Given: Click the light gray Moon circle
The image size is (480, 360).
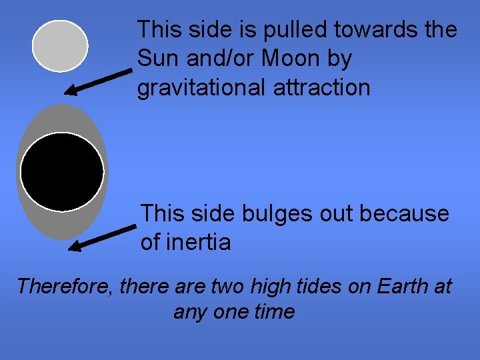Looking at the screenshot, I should click(60, 45).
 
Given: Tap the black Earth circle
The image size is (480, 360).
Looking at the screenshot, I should click(62, 172).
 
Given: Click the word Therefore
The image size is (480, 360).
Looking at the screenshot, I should click(65, 287).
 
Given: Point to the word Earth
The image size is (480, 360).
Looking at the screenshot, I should click(402, 287).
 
